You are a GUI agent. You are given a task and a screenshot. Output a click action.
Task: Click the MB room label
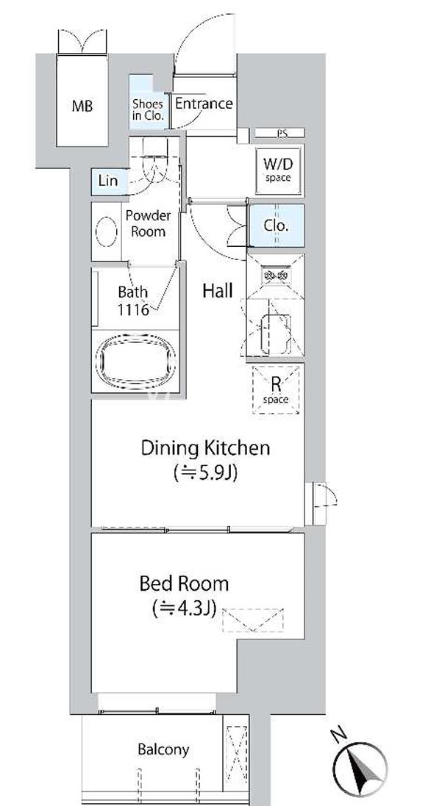point(82,107)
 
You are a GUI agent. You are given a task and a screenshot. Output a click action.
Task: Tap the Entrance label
point(204,104)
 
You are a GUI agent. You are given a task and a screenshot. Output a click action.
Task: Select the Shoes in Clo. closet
point(148,103)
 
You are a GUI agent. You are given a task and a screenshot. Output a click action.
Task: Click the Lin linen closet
point(109,181)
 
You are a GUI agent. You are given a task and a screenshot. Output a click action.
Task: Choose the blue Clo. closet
point(277,226)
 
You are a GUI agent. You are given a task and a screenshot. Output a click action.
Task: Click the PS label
point(282,133)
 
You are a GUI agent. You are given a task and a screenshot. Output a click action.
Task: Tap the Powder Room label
point(148,223)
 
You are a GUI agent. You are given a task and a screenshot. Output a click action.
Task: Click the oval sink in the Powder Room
point(107,231)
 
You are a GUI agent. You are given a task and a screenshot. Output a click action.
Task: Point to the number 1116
point(132,310)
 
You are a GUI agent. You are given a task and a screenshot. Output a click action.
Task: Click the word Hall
point(218,292)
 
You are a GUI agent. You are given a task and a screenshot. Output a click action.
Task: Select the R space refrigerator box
point(277,389)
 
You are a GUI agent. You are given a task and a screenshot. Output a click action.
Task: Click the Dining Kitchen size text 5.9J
point(206,473)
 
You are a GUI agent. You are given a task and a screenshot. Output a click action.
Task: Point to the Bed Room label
point(184,584)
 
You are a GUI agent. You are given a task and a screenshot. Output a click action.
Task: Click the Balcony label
point(163,749)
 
